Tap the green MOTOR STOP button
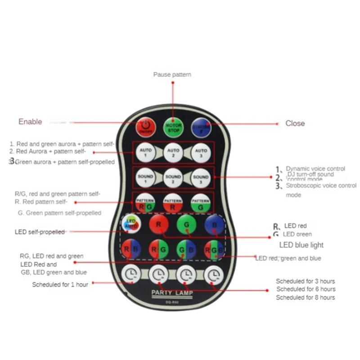[173, 127]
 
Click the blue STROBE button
[201, 127]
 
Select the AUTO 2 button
[173, 153]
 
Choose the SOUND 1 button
[145, 178]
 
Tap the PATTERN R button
[173, 202]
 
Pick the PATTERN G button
[201, 202]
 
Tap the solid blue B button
[214, 224]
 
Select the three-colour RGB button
[214, 249]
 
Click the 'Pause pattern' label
[172, 74]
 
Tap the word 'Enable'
[30, 121]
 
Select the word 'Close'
[295, 123]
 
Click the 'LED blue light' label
[301, 245]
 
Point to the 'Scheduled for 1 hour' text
[60, 284]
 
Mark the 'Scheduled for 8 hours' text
[306, 297]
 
